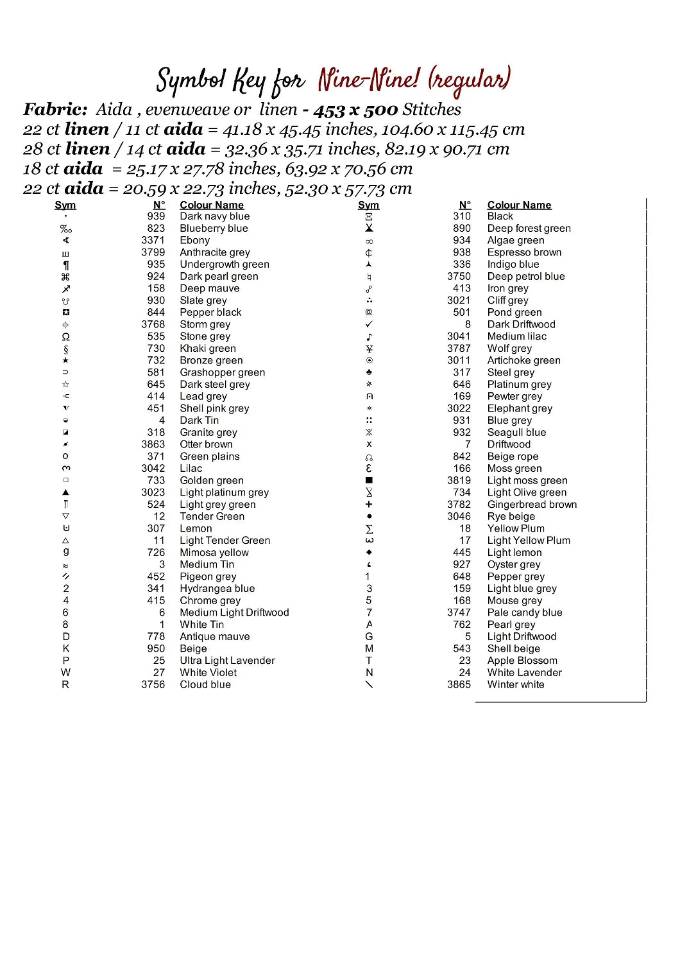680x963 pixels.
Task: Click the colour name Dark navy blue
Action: coord(214,216)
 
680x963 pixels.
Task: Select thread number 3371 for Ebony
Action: coord(153,240)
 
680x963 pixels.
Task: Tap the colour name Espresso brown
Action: coord(524,252)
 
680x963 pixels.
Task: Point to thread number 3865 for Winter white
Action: coord(459,684)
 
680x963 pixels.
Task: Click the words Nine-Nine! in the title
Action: coord(368,80)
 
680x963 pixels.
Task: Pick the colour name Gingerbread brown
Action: coord(532,505)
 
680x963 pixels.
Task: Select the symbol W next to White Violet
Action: coord(65,672)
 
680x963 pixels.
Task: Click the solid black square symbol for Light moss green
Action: coord(369,480)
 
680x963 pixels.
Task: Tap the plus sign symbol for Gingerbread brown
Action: coord(369,505)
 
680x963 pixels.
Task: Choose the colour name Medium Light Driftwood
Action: coord(234,612)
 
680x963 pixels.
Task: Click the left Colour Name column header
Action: coord(212,205)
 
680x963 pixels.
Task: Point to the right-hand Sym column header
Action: coord(368,205)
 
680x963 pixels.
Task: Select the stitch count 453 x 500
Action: coord(355,110)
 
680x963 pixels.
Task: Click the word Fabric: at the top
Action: coord(55,109)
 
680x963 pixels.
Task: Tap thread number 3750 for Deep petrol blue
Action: coord(459,276)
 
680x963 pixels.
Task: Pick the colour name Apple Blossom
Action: coord(522,660)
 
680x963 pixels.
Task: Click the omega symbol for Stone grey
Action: coord(65,336)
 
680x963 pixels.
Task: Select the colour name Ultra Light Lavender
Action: coord(227,660)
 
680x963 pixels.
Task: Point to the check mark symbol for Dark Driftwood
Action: coord(369,324)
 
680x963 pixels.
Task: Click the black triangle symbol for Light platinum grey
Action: coord(65,492)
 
